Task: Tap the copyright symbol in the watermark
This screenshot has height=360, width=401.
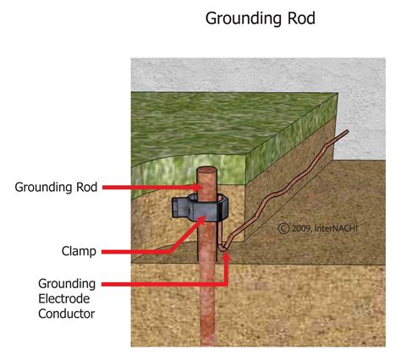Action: click(283, 226)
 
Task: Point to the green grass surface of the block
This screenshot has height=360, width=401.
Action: click(211, 127)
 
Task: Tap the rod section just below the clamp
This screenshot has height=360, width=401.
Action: click(205, 254)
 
